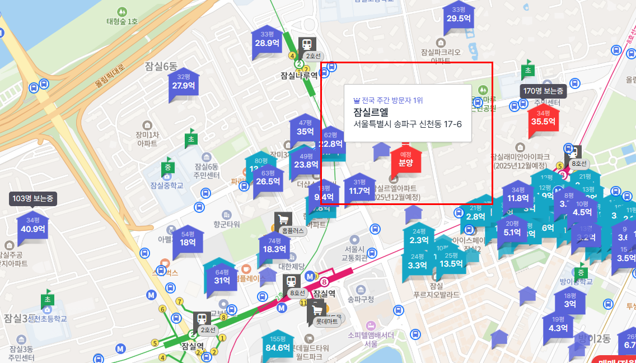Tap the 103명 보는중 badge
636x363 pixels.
pos(33,198)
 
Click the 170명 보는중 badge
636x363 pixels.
pos(543,91)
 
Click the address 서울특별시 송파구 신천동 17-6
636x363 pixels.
pos(408,123)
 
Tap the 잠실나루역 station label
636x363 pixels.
pos(299,75)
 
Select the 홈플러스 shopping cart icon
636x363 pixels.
pos(283,219)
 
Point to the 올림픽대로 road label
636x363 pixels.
pos(110,77)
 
